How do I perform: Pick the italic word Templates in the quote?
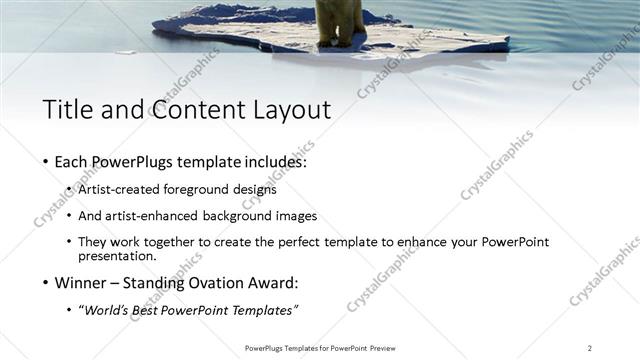[x=265, y=310]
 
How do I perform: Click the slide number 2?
[x=590, y=348]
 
